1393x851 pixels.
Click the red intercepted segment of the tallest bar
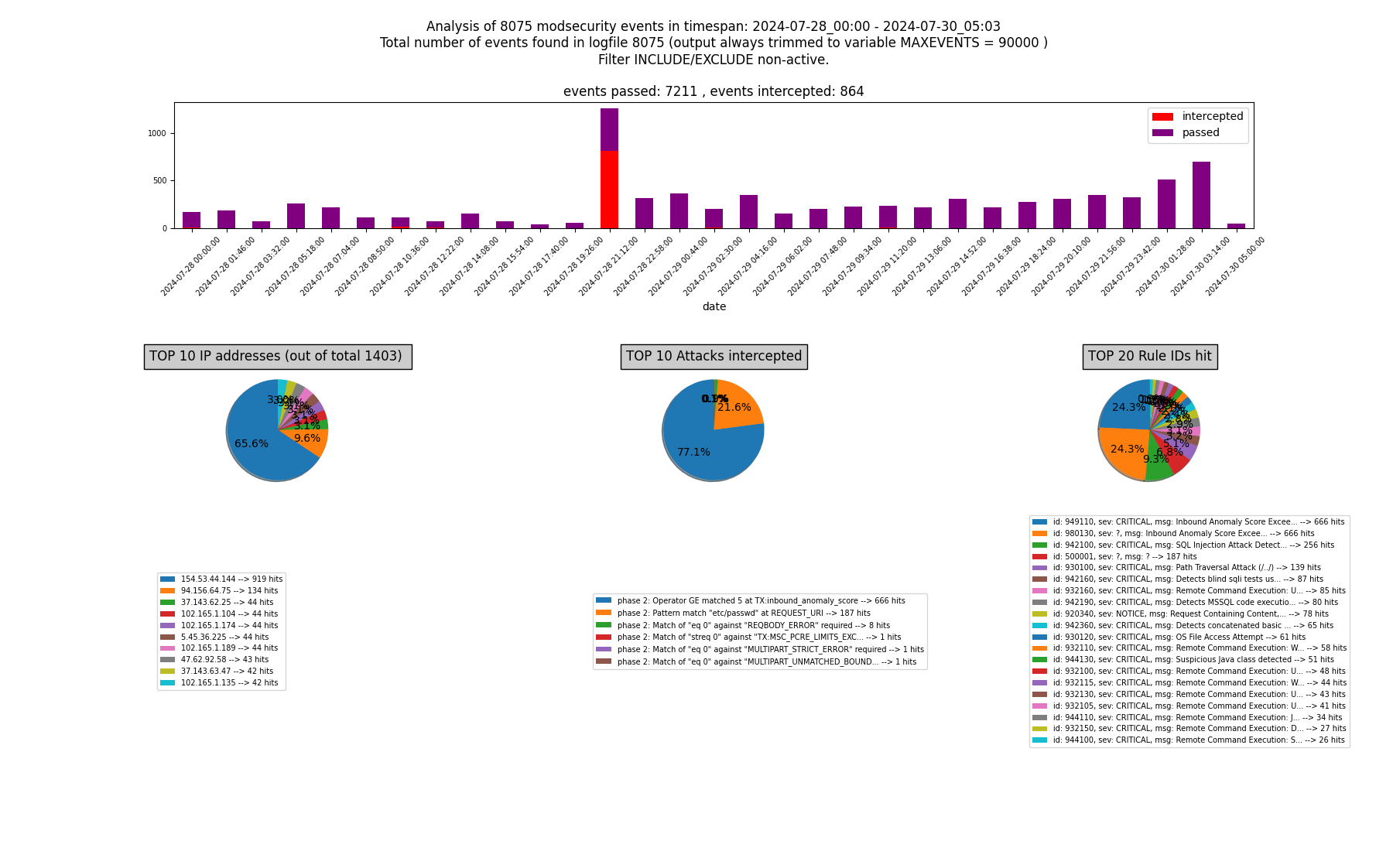pos(609,190)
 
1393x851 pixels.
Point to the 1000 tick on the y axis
pos(157,133)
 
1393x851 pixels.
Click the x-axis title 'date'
pos(714,306)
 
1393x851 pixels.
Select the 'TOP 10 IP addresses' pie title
pos(277,357)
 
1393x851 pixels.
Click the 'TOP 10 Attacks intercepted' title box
pos(714,357)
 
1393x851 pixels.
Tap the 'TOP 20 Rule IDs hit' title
pos(1149,357)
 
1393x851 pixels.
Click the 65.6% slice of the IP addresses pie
pos(255,445)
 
